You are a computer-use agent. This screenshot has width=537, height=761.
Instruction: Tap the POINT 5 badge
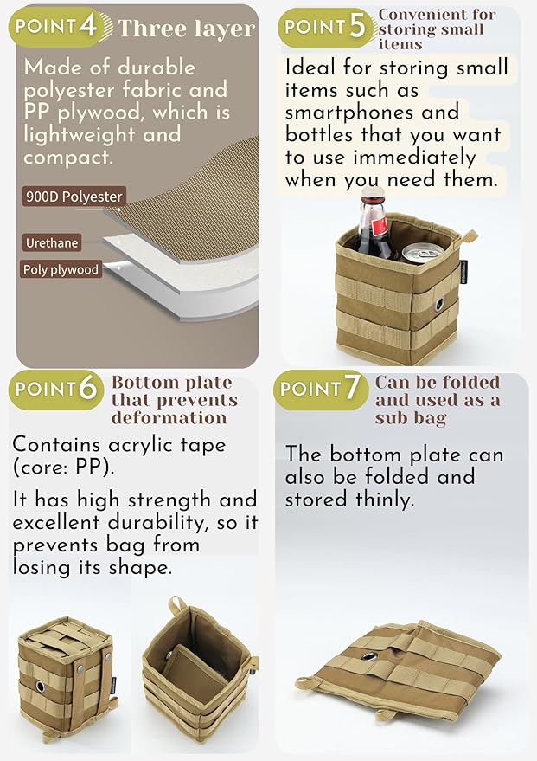pos(328,29)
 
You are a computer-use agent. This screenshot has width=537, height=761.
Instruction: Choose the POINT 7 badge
pos(321,390)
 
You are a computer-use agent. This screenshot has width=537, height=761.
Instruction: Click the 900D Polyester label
pos(74,197)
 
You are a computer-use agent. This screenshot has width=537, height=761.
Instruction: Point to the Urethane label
pos(52,242)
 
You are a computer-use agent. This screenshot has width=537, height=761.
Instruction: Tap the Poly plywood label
pos(61,269)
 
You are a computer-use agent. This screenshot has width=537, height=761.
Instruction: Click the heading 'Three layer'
pos(186,29)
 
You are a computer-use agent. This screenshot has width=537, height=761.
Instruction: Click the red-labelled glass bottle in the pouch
pos(375,227)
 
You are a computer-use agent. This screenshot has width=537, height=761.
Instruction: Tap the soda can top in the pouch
pos(422,252)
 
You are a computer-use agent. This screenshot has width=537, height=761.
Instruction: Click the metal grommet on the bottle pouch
pos(439,304)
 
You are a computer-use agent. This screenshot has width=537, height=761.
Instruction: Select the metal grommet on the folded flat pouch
pos(368,658)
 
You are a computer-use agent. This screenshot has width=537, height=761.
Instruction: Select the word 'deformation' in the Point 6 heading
pos(169,418)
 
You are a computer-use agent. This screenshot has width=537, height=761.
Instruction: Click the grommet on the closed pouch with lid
pos(41,687)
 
